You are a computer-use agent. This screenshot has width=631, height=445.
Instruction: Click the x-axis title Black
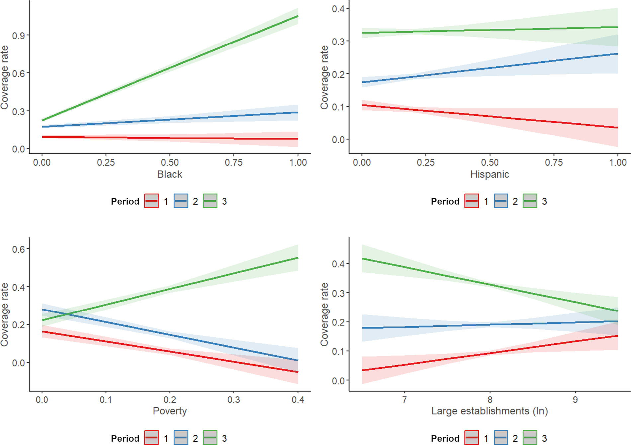[169, 174]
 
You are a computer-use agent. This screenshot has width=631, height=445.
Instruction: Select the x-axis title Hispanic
[490, 174]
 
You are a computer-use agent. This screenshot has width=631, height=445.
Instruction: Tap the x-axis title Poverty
[170, 411]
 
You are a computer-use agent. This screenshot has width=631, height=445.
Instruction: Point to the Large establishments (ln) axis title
[490, 411]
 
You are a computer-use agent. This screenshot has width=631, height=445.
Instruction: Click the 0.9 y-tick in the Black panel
[19, 36]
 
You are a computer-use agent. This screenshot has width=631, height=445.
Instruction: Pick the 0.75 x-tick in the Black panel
[234, 162]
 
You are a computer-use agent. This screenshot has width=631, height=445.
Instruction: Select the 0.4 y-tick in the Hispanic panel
[338, 9]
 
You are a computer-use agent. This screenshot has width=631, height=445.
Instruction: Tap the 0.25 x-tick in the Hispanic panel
[426, 162]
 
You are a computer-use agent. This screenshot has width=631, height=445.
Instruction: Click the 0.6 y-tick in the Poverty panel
[19, 249]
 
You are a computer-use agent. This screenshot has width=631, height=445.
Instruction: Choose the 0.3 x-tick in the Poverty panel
[234, 400]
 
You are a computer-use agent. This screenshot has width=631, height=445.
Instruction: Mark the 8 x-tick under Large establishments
[490, 400]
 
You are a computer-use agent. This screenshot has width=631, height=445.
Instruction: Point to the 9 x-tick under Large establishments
[575, 400]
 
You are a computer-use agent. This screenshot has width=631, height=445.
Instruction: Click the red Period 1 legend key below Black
[151, 201]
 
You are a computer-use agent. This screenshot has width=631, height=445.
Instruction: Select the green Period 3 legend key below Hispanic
[530, 201]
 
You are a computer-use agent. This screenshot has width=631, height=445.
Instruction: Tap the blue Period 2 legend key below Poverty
[181, 438]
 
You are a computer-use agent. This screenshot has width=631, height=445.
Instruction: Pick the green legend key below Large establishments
[530, 438]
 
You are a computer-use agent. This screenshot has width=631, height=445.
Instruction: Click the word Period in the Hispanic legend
[445, 201]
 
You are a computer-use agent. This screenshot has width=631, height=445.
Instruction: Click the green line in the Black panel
[170, 68]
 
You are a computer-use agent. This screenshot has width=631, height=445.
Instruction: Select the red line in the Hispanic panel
[490, 116]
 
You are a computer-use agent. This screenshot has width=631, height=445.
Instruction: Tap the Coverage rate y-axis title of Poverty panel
[5, 314]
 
